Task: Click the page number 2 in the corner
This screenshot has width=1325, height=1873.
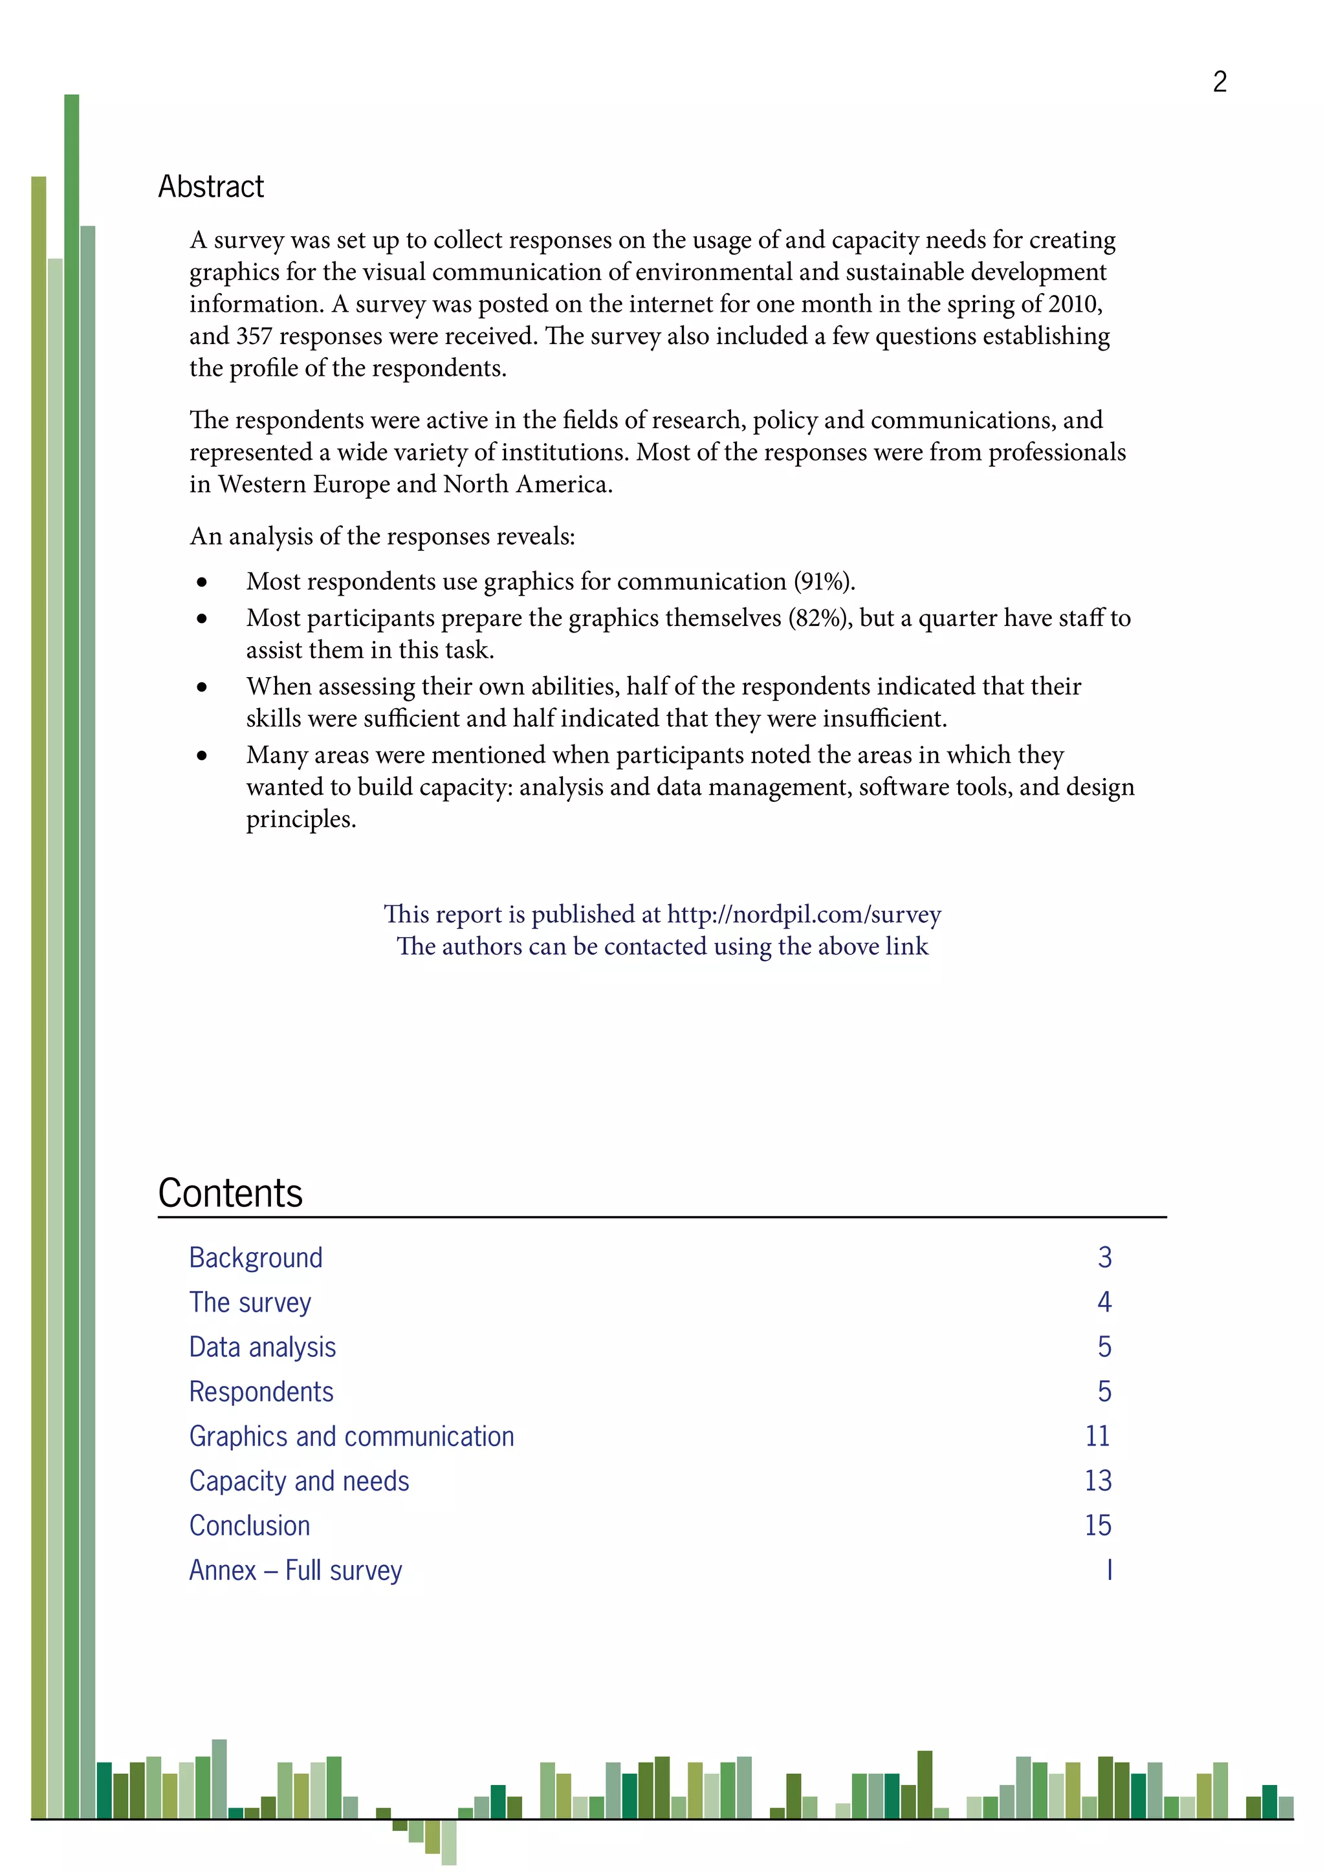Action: (x=1219, y=81)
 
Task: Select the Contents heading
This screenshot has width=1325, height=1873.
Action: (x=230, y=1193)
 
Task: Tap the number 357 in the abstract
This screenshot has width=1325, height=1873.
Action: (x=254, y=336)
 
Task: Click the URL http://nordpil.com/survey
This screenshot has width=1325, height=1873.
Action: (x=804, y=915)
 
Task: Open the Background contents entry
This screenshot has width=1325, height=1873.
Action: (x=256, y=1258)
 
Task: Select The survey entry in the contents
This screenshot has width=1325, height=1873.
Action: (x=250, y=1303)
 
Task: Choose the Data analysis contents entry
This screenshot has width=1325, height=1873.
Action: (x=262, y=1348)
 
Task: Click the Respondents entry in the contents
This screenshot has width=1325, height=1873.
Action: (x=261, y=1392)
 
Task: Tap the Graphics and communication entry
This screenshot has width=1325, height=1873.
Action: (x=352, y=1436)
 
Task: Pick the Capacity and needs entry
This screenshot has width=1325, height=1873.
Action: (x=299, y=1482)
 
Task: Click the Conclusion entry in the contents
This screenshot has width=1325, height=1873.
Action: (x=249, y=1526)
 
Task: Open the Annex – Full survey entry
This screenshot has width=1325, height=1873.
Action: (x=296, y=1571)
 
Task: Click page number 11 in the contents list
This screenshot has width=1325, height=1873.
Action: (x=1097, y=1436)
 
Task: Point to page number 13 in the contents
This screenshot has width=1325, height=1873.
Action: (x=1097, y=1482)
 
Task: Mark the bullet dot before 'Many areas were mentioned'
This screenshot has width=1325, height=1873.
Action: (x=201, y=756)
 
